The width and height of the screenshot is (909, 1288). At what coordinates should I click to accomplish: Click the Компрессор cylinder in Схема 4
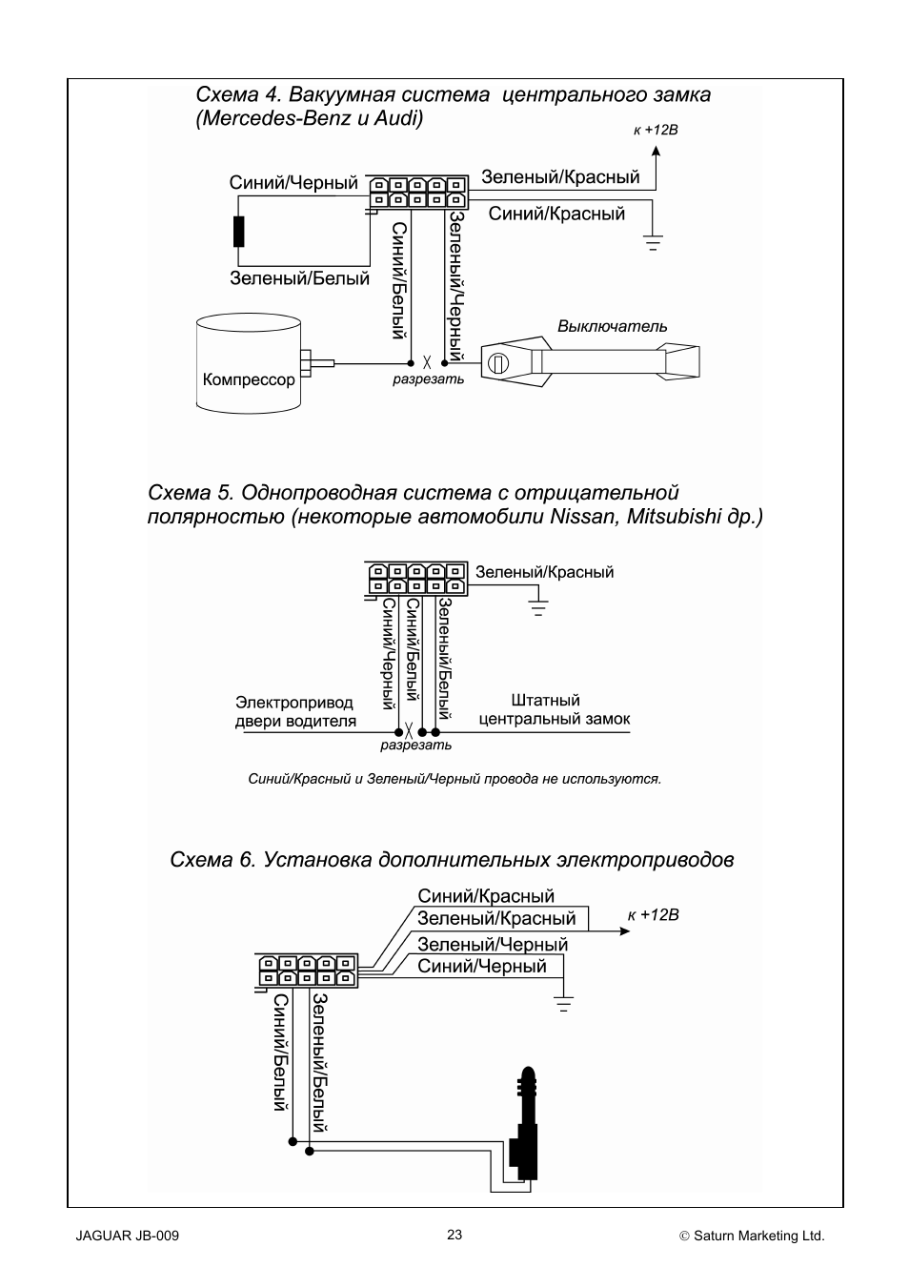click(x=248, y=363)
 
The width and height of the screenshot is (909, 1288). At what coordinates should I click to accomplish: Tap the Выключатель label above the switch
click(x=612, y=327)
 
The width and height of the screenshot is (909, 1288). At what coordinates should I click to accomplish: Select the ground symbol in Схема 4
click(x=653, y=242)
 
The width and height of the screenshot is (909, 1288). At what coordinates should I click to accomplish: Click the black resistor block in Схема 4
click(x=238, y=232)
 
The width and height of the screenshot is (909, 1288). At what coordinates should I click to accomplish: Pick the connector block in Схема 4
click(x=418, y=192)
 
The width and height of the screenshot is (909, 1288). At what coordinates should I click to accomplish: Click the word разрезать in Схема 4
click(x=428, y=379)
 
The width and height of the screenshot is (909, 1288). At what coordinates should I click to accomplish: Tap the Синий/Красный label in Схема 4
click(x=556, y=214)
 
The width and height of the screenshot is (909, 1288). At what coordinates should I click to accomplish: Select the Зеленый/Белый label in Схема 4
click(x=299, y=278)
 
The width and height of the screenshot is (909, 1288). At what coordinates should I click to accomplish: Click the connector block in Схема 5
click(x=417, y=580)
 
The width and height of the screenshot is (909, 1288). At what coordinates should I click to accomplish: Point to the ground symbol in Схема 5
click(x=538, y=607)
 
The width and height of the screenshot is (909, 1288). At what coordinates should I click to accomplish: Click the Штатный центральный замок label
click(x=554, y=709)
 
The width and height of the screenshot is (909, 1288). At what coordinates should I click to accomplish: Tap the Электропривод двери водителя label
click(x=295, y=712)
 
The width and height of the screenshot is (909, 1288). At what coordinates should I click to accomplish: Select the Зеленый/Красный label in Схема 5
click(x=544, y=572)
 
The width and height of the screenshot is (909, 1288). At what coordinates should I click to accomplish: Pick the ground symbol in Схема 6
click(x=563, y=1003)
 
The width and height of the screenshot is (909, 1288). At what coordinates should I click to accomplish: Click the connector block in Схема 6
click(x=307, y=971)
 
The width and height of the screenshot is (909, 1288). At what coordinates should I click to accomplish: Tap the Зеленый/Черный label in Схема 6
click(x=492, y=944)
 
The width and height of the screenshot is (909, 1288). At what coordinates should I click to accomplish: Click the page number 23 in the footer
click(x=454, y=1235)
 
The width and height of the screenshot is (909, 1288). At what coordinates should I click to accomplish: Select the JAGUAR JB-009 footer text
click(x=128, y=1237)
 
